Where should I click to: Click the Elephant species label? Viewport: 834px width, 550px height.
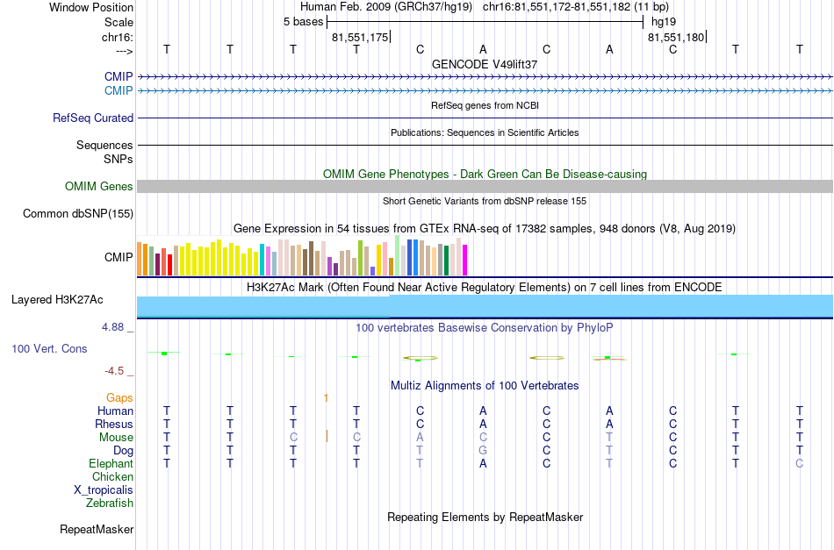pos(111,463)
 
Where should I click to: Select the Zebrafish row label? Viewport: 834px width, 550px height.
pos(110,503)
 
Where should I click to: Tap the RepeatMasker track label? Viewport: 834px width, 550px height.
pos(97,529)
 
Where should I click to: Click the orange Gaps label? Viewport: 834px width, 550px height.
pos(119,397)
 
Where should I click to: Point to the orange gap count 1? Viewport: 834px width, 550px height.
pos(326,397)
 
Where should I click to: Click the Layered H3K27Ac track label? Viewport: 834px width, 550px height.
pos(57,300)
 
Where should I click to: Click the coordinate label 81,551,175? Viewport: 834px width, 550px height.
pos(360,37)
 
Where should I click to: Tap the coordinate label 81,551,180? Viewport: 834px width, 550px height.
pos(676,37)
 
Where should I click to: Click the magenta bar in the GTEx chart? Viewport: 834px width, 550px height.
pos(464,260)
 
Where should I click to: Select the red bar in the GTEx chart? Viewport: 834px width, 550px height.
pos(169,265)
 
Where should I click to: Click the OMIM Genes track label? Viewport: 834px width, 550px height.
pos(99,187)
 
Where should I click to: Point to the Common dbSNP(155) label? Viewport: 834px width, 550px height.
pos(78,214)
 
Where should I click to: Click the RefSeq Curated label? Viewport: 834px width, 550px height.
pos(93,118)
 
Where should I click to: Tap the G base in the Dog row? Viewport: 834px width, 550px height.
pos(483,451)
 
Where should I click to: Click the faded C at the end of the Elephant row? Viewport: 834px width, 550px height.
pos(799,463)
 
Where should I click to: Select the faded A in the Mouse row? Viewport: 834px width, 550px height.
pos(420,438)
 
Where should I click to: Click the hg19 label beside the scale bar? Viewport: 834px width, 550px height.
pos(664,22)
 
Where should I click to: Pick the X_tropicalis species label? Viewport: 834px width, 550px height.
pos(104,490)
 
